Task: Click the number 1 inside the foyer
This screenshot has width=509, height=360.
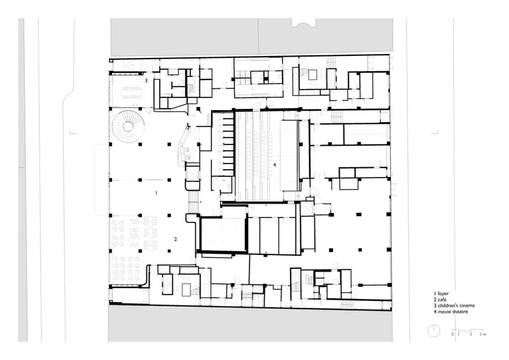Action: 156,193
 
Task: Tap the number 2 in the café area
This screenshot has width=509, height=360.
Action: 176,239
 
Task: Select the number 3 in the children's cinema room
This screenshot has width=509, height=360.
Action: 146,80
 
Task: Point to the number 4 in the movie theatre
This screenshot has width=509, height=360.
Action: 275,165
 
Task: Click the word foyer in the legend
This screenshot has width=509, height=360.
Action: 443,293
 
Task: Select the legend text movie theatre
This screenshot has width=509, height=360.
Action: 453,312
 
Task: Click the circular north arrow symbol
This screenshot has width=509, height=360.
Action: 434,331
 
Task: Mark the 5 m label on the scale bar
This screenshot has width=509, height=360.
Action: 483,334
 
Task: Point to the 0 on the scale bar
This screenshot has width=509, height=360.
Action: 452,334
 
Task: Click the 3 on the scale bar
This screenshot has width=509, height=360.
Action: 471,334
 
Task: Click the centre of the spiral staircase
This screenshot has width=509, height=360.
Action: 129,127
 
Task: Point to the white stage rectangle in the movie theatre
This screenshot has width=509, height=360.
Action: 289,156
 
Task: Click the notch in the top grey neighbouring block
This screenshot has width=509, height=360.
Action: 303,22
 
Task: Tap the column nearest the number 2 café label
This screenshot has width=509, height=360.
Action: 169,251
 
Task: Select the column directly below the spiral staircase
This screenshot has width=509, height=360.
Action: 111,144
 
